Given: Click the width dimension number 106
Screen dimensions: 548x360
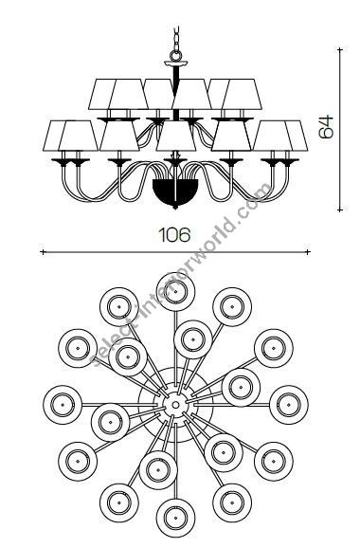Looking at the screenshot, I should tap(176, 233).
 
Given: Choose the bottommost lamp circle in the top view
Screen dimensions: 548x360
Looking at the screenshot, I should tap(173, 518).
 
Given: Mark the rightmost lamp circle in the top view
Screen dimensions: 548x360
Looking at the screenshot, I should tap(288, 402).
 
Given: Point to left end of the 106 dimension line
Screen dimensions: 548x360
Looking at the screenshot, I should tap(42, 251).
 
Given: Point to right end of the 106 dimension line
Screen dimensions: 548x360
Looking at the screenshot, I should tap(309, 251).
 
